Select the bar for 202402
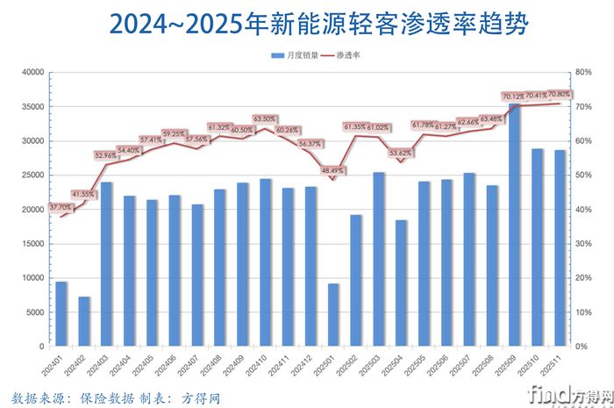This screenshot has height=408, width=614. pyautogui.click(x=83, y=321)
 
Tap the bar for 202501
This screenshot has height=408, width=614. pyautogui.click(x=332, y=314)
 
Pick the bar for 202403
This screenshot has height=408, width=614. pyautogui.click(x=106, y=264)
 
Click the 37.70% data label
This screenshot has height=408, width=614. pyautogui.click(x=61, y=207)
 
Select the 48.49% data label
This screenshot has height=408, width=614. pyautogui.click(x=333, y=170)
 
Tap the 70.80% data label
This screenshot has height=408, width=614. pyautogui.click(x=559, y=94)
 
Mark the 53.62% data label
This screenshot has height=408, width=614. pyautogui.click(x=401, y=153)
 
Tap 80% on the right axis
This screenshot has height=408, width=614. pyautogui.click(x=583, y=73)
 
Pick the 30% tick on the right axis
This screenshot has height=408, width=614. pyautogui.click(x=583, y=244)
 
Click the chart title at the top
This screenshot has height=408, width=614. pyautogui.click(x=307, y=24)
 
